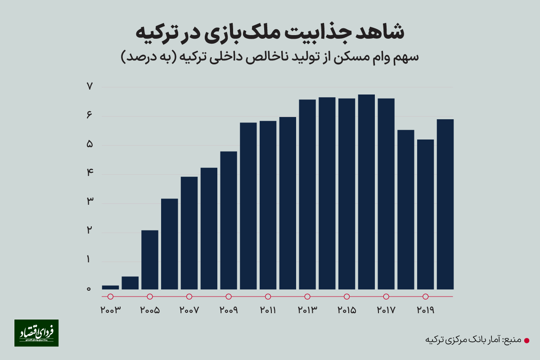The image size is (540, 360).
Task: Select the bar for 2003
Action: pos(110,287)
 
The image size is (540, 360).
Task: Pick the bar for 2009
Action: pos(229,220)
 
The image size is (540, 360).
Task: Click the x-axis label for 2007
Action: pos(189,310)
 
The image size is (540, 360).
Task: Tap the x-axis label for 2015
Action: pos(346,310)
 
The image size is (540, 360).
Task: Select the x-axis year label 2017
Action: pos(386,310)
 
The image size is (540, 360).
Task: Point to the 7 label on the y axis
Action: pos(89,86)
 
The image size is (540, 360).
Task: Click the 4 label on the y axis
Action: pos(89,174)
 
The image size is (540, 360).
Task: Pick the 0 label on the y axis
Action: pos(89,289)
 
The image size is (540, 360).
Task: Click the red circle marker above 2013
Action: pos(307,297)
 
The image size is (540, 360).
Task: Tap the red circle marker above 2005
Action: pos(150,297)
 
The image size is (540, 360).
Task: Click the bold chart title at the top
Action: pos(270,33)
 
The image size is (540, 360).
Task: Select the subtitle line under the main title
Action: pos(270,57)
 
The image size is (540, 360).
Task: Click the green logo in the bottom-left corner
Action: pos(36,333)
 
